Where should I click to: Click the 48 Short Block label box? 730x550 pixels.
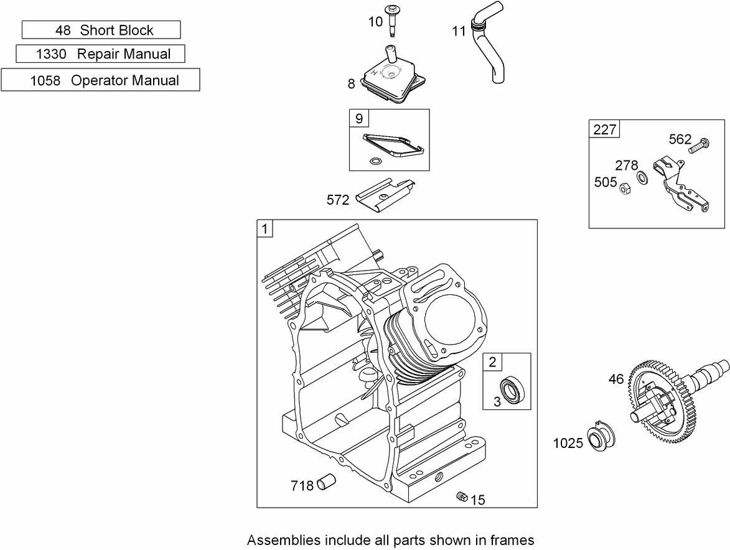tap(101, 30)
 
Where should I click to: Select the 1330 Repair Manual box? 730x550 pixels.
tap(101, 54)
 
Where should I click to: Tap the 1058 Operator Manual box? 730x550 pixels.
tap(101, 80)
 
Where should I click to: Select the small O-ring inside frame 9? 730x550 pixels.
tap(375, 161)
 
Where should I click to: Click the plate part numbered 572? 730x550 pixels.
tap(385, 195)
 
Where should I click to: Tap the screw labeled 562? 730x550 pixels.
tap(697, 146)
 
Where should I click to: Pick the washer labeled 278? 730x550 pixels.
tap(643, 177)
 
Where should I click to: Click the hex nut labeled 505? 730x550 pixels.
tap(625, 189)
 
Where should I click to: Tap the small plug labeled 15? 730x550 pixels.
tap(462, 496)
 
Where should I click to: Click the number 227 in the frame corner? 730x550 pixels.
tap(605, 129)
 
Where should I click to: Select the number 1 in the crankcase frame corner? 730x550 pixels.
tap(265, 228)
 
